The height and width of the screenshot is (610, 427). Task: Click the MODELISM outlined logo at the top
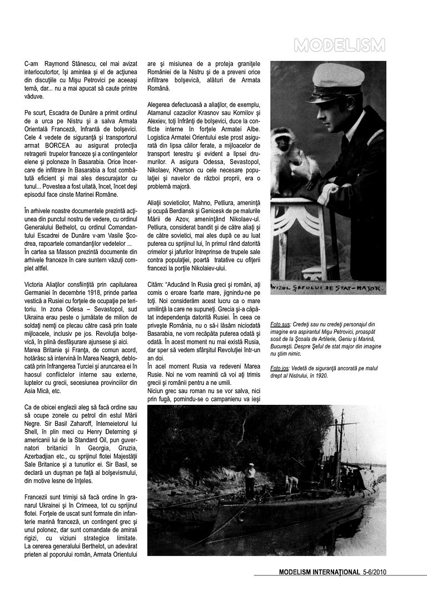[x=339, y=45]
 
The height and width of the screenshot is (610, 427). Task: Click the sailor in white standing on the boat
[x=250, y=479]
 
